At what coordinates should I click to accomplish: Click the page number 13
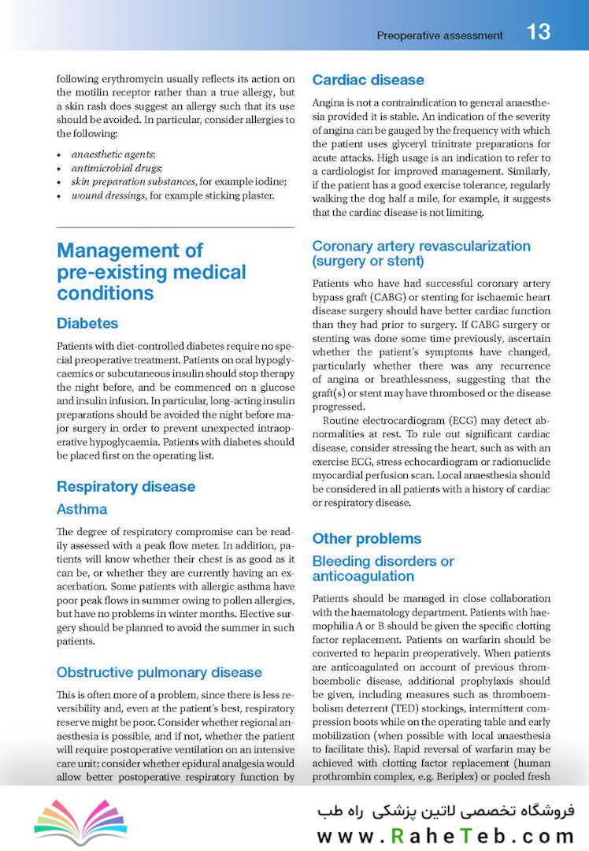pyautogui.click(x=539, y=32)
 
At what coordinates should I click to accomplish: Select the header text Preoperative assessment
pyautogui.click(x=439, y=35)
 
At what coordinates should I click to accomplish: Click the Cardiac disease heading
pyautogui.click(x=368, y=80)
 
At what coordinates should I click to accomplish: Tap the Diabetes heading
pyautogui.click(x=87, y=323)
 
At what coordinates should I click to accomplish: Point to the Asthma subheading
pyautogui.click(x=82, y=509)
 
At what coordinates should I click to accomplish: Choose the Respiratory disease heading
pyautogui.click(x=125, y=486)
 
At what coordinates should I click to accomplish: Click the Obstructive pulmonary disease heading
pyautogui.click(x=159, y=672)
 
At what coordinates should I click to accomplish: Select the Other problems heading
pyautogui.click(x=367, y=538)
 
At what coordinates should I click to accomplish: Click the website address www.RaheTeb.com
pyautogui.click(x=445, y=835)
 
